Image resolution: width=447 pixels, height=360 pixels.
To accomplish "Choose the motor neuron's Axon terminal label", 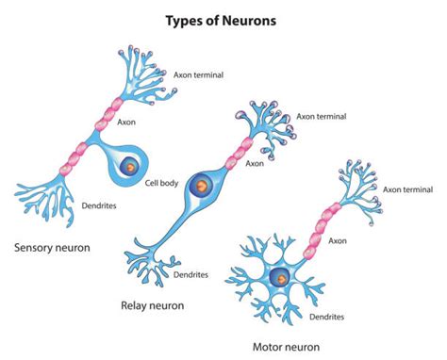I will coord(413,188).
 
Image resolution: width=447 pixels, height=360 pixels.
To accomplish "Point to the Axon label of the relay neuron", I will coord(254,162).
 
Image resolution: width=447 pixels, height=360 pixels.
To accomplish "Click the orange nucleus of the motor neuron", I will coord(280,277).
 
